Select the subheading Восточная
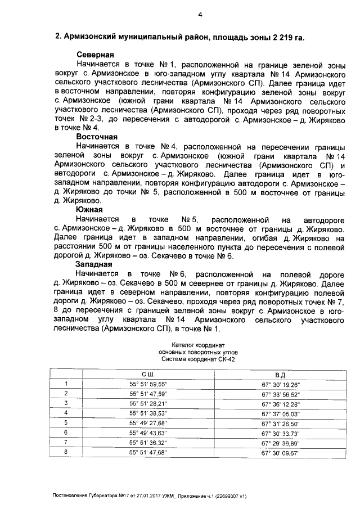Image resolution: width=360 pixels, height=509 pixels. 97,137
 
